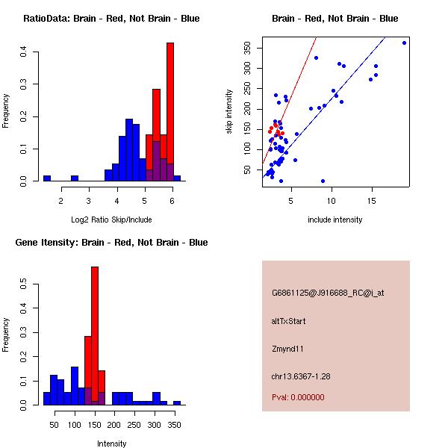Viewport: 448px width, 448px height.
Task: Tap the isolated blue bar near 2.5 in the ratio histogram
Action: click(x=75, y=178)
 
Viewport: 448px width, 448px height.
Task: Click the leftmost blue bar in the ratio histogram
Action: click(x=47, y=178)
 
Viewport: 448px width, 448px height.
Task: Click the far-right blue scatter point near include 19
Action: click(x=404, y=43)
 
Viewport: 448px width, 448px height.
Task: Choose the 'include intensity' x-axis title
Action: click(x=335, y=220)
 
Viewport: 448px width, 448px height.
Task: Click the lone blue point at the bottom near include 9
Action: click(x=323, y=181)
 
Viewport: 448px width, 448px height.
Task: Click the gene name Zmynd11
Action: click(x=287, y=349)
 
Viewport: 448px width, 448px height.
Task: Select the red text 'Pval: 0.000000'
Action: click(x=299, y=397)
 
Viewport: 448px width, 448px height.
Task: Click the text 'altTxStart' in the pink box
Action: click(x=289, y=321)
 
